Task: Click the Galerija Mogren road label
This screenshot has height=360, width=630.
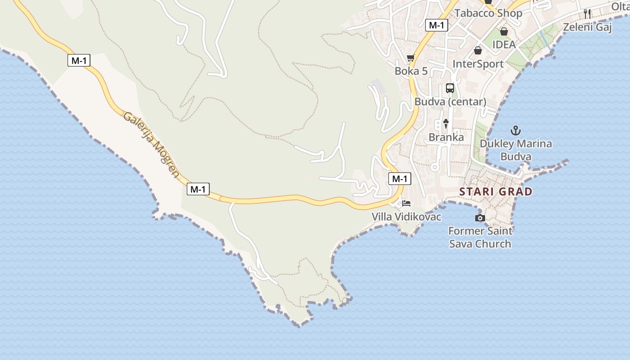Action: tap(151, 144)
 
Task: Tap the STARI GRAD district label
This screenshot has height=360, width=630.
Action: tap(495, 192)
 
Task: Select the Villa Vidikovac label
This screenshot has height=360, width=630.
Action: tap(406, 217)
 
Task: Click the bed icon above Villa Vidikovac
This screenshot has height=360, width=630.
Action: tap(406, 203)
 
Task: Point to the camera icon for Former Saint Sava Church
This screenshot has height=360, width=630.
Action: tap(480, 218)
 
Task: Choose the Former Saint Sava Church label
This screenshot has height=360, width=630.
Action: tap(480, 238)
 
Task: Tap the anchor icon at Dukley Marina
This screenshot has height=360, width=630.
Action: tap(516, 131)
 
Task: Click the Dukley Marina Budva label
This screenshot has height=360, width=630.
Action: tap(516, 150)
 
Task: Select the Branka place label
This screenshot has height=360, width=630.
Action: tap(446, 137)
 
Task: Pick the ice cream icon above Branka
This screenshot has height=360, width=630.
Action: tap(446, 123)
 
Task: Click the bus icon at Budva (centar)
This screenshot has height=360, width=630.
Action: tap(450, 88)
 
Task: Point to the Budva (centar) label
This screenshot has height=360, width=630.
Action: tap(450, 102)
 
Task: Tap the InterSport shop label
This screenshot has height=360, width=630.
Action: tap(478, 64)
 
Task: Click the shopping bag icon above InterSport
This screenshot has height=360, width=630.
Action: tap(478, 50)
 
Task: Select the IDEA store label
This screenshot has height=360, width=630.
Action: tap(504, 45)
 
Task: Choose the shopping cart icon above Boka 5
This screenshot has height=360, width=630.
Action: tap(410, 58)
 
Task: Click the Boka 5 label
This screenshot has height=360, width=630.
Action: tap(411, 71)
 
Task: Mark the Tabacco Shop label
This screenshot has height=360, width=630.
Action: tap(488, 13)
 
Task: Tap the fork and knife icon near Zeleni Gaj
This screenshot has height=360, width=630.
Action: tap(587, 13)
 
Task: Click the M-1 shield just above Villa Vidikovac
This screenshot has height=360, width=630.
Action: tap(400, 179)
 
